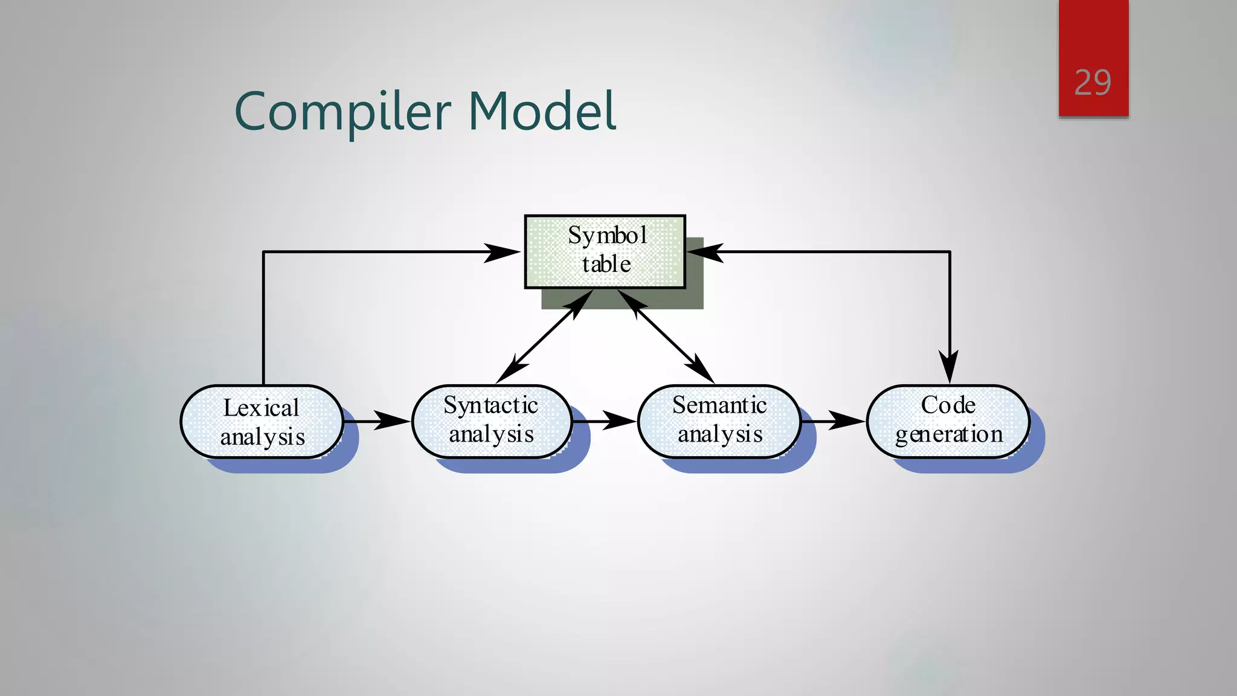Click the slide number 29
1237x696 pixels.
point(1093,83)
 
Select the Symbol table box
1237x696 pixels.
point(605,251)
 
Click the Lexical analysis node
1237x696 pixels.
point(262,422)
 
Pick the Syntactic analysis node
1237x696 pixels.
point(491,420)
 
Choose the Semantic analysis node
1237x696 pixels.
point(719,420)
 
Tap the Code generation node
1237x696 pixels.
point(948,420)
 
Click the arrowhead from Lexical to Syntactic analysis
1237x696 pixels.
point(391,420)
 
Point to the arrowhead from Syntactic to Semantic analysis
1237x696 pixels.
point(619,420)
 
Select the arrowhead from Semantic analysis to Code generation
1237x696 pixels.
point(847,420)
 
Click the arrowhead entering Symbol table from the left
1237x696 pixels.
point(501,253)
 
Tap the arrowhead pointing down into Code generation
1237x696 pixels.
point(949,366)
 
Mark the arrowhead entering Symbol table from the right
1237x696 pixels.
point(705,253)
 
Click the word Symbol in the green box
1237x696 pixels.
point(607,236)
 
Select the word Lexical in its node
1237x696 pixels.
point(261,408)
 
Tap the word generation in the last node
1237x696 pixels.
point(948,434)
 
